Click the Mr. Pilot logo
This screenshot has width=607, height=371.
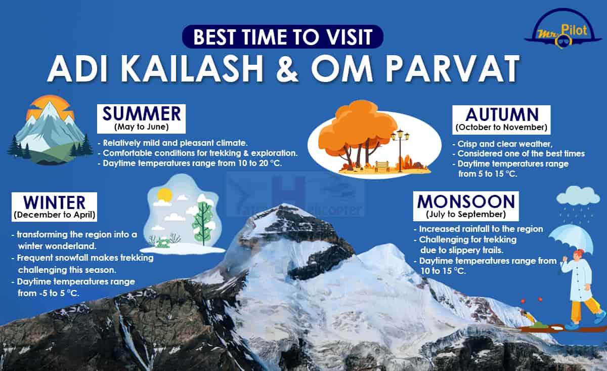[x=559, y=28]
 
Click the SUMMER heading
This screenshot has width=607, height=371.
[x=142, y=114]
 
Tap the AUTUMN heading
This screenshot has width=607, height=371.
[x=502, y=115]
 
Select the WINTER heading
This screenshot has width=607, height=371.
[x=54, y=202]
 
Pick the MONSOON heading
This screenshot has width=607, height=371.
[x=466, y=201]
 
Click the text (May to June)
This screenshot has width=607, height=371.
[x=142, y=127]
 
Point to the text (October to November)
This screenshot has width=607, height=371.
[x=501, y=127]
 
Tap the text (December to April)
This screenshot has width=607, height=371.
[x=55, y=215]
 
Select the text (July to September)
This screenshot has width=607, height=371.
[x=466, y=214]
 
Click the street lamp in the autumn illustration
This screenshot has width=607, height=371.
[x=400, y=150]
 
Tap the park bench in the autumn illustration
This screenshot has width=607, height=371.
[x=382, y=166]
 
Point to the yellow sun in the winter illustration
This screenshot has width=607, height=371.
[x=165, y=195]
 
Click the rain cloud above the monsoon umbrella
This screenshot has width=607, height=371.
[x=578, y=196]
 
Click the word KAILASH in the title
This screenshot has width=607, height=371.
[x=192, y=69]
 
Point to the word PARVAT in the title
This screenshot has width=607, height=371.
[x=453, y=69]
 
